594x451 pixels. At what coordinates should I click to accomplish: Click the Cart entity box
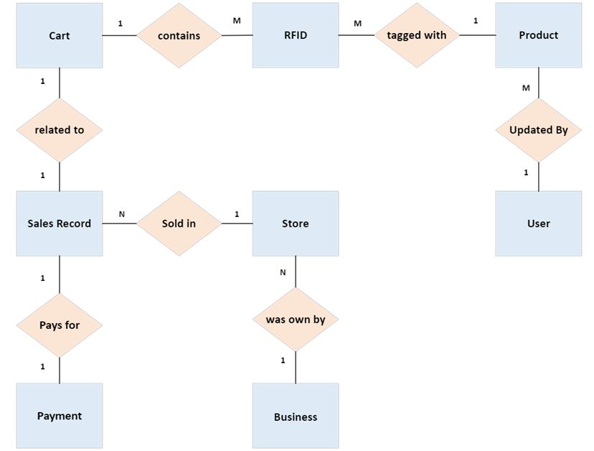60,35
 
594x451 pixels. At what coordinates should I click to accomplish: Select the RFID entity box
295,35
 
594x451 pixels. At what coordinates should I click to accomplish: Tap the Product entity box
538,35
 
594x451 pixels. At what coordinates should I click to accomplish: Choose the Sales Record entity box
60,223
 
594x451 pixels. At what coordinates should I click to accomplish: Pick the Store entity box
295,223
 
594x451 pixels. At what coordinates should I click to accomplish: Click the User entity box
538,223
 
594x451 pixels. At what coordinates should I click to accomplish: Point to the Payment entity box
60,416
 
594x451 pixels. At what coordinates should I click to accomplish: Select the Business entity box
295,417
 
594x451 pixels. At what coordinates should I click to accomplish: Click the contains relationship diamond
179,35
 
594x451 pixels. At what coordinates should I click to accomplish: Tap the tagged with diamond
416,35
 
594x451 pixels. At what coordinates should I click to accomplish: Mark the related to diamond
60,130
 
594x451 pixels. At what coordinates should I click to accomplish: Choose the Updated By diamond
538,130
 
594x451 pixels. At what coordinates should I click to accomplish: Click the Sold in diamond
179,223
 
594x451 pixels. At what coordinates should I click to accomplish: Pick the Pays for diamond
60,325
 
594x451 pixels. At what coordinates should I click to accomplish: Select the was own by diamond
295,320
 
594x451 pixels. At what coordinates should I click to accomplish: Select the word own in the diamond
298,320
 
